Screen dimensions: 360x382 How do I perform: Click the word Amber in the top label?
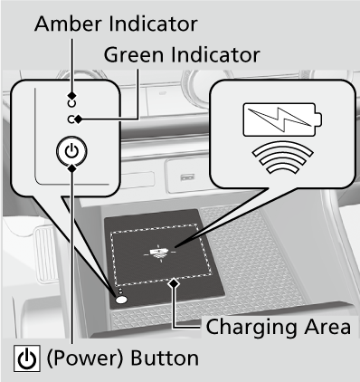[69, 24]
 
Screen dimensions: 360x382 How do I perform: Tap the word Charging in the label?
[251, 327]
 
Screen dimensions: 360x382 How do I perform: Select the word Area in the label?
[327, 327]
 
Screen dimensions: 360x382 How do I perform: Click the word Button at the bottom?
[165, 358]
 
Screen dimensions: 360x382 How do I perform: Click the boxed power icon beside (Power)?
[27, 358]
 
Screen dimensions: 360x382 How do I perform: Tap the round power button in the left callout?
[71, 150]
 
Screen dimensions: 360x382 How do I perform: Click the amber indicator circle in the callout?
[71, 103]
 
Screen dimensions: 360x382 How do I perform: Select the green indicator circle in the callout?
[71, 119]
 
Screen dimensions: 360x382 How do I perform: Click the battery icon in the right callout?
[282, 119]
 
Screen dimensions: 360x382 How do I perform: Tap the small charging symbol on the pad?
[159, 253]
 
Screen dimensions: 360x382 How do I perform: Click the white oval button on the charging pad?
[121, 300]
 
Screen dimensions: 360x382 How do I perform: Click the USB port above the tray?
[187, 177]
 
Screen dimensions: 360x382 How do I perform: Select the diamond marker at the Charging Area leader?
[175, 283]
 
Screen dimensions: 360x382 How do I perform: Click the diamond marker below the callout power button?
[71, 167]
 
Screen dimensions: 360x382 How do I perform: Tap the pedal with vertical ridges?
[46, 254]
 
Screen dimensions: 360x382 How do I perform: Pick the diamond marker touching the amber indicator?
[71, 96]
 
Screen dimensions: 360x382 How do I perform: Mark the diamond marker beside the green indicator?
[79, 119]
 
